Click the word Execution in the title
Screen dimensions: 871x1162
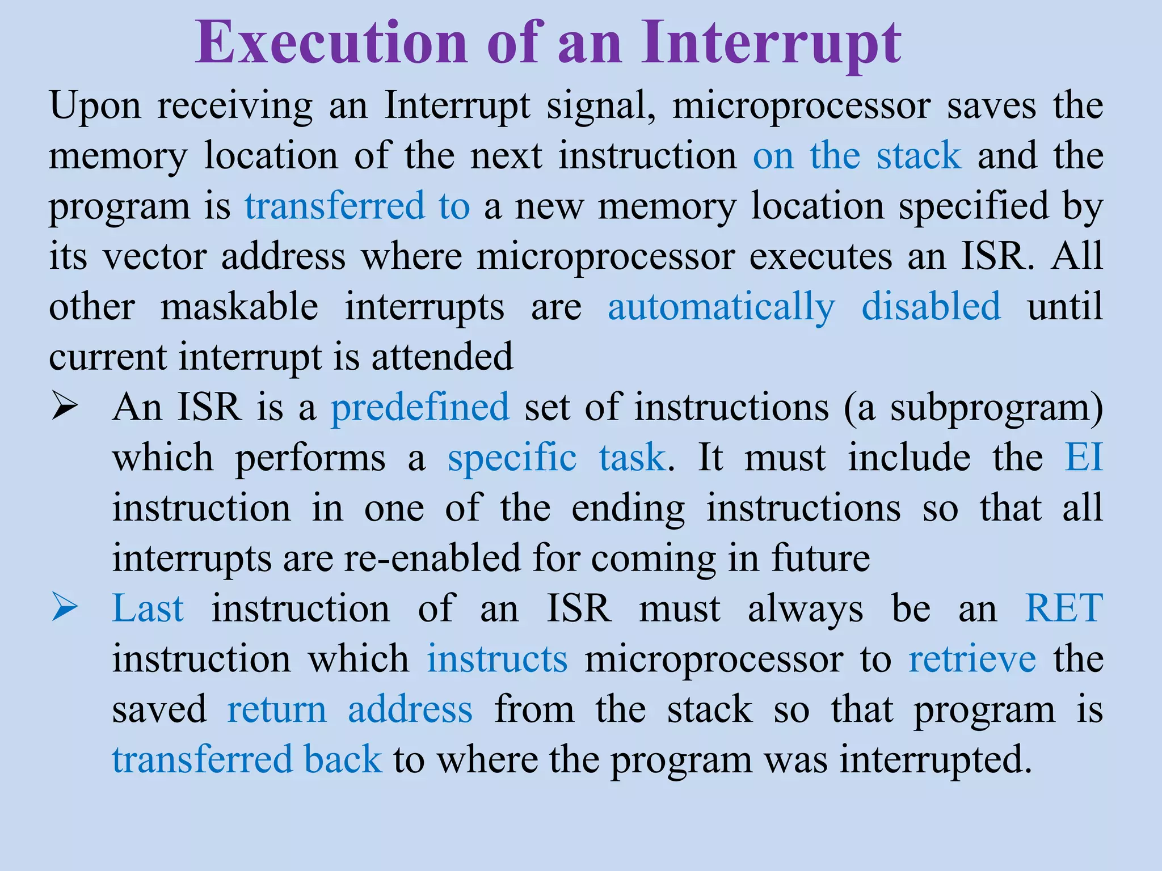pyautogui.click(x=332, y=43)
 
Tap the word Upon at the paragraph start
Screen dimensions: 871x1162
pyautogui.click(x=95, y=105)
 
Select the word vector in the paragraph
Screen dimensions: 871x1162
pyautogui.click(x=154, y=256)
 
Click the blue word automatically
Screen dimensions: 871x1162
pyautogui.click(x=721, y=307)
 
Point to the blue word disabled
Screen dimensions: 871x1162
pyautogui.click(x=931, y=306)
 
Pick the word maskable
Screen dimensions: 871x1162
pyautogui.click(x=239, y=306)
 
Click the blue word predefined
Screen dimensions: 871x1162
pyautogui.click(x=420, y=407)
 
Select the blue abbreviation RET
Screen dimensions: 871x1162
pyautogui.click(x=1064, y=608)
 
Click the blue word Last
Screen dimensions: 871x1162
pyautogui.click(x=148, y=608)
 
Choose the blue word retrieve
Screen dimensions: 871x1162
pyautogui.click(x=972, y=659)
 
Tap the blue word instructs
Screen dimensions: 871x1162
pyautogui.click(x=497, y=659)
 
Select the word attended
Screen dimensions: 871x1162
pyautogui.click(x=442, y=357)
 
